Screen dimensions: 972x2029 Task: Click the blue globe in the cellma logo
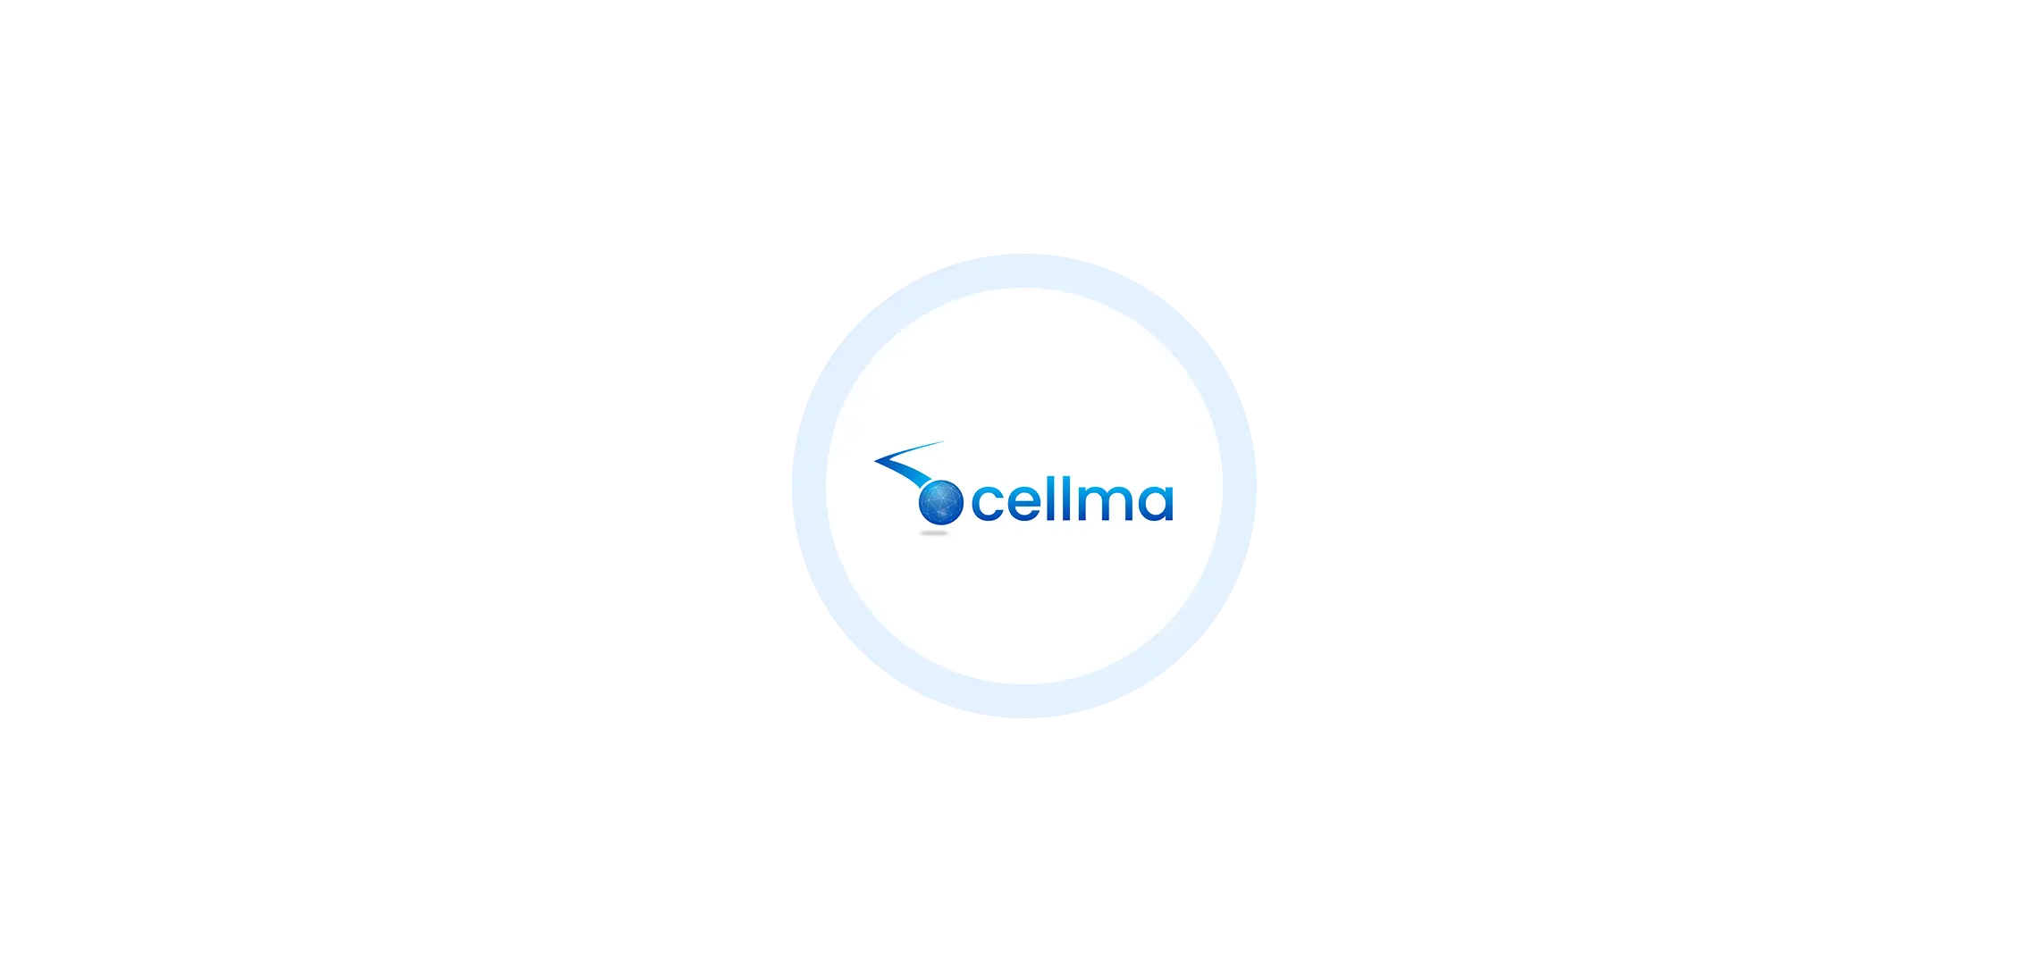tap(941, 502)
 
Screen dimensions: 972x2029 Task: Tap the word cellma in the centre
tap(1071, 502)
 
